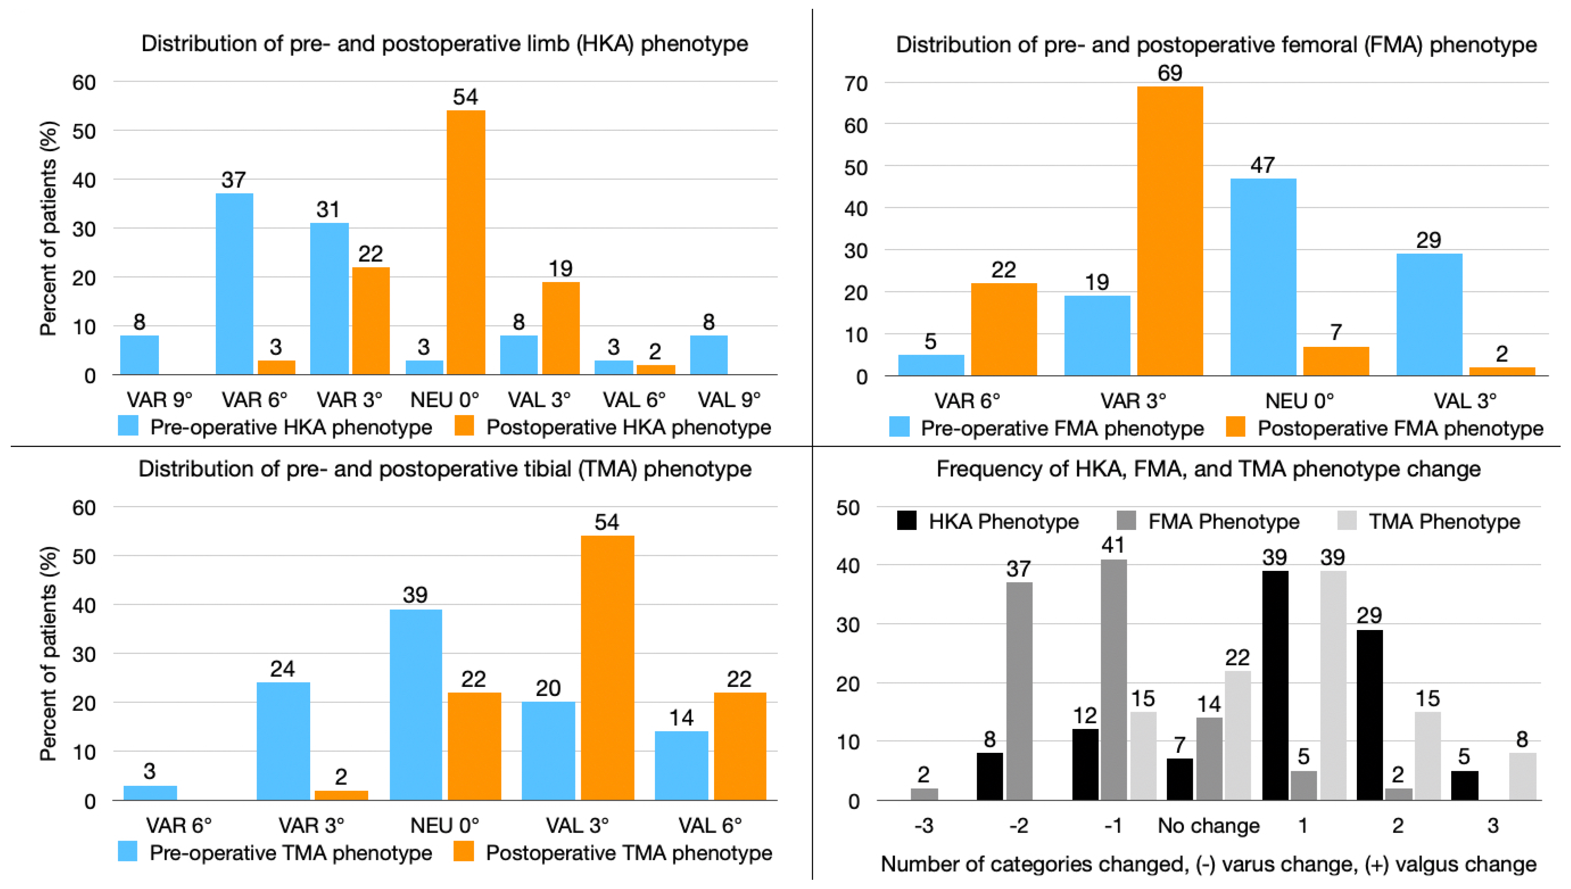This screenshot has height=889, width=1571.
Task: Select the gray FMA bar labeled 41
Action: point(1113,679)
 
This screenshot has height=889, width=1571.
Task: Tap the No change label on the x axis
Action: point(1208,826)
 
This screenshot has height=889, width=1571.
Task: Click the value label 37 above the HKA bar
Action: point(233,180)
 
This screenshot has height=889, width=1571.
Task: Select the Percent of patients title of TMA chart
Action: point(48,653)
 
